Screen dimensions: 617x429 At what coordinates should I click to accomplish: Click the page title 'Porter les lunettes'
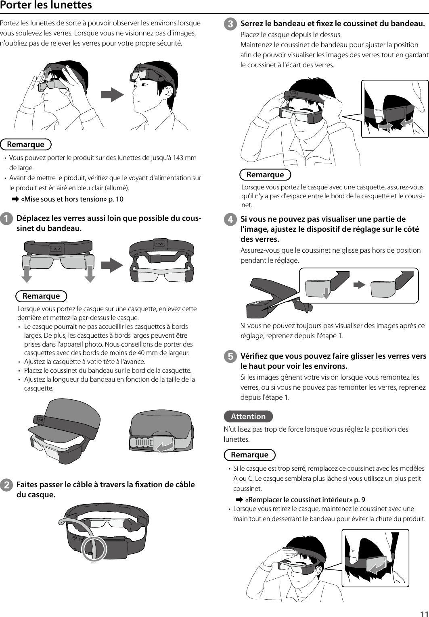[x=46, y=6]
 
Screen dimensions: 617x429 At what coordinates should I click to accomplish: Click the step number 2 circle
[x=6, y=485]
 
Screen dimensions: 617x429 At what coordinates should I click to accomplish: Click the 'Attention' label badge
[x=248, y=416]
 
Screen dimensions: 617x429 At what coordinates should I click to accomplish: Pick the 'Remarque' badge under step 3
[x=265, y=175]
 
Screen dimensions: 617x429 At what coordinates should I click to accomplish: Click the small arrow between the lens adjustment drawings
[x=359, y=284]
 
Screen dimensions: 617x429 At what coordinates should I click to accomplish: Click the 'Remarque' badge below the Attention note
[x=249, y=455]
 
